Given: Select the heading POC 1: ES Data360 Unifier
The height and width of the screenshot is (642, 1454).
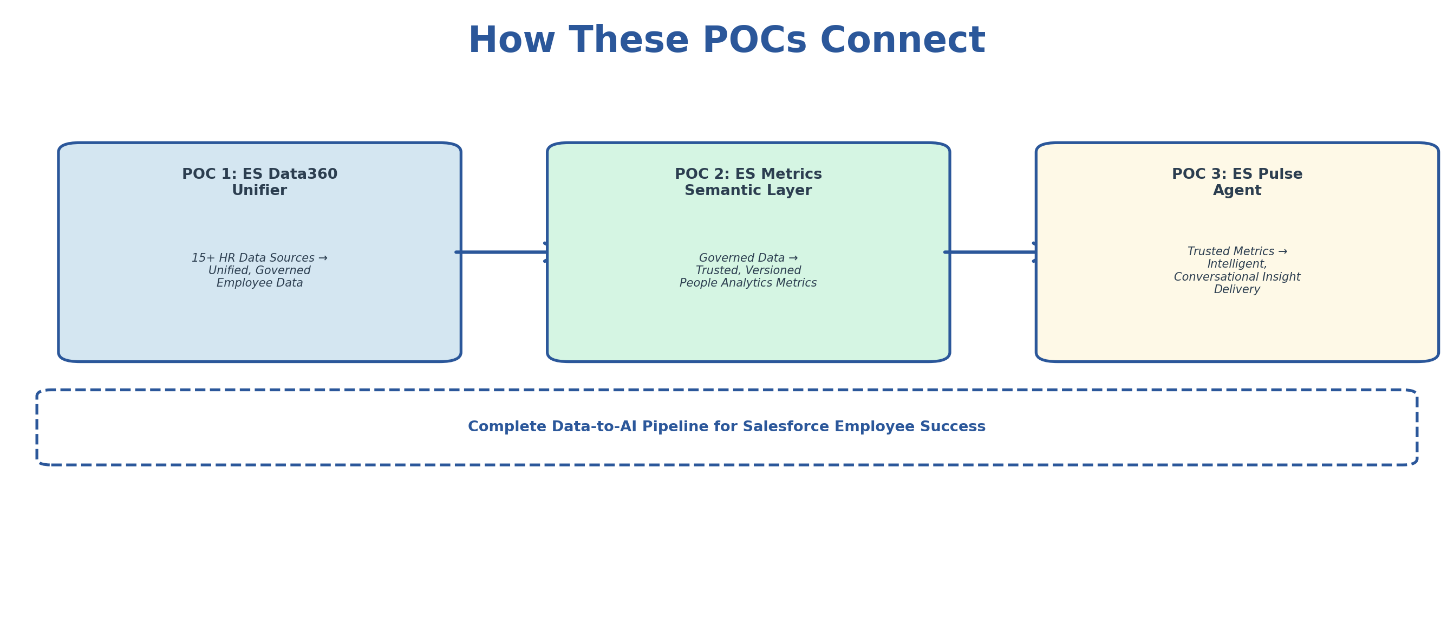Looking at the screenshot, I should click(259, 182).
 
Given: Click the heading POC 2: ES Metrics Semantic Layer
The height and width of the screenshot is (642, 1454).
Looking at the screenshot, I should click(748, 182).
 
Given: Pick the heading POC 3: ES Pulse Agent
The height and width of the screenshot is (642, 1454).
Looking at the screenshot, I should click(1237, 182).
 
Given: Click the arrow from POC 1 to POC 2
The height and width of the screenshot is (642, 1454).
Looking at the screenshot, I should click(503, 252).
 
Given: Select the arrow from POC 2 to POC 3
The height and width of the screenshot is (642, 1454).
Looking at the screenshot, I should click(992, 252).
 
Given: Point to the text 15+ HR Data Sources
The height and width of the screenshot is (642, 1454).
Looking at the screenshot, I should click(253, 258).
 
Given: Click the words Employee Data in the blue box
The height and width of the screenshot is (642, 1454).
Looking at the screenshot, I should click(259, 283).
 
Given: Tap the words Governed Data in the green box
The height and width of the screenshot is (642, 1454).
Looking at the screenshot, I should click(741, 258).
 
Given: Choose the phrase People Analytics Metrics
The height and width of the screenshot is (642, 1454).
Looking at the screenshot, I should click(748, 283).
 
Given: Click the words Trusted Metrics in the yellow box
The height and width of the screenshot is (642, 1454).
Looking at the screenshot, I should click(1230, 251).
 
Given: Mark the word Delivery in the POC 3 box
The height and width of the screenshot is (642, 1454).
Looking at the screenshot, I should click(1237, 289).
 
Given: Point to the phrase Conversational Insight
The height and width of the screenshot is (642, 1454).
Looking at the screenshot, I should click(1237, 277).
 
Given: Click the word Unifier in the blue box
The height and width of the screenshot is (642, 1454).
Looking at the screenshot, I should click(259, 190).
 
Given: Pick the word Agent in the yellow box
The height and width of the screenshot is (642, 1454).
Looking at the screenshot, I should click(1237, 190).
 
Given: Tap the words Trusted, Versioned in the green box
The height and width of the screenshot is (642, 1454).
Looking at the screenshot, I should click(748, 270).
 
